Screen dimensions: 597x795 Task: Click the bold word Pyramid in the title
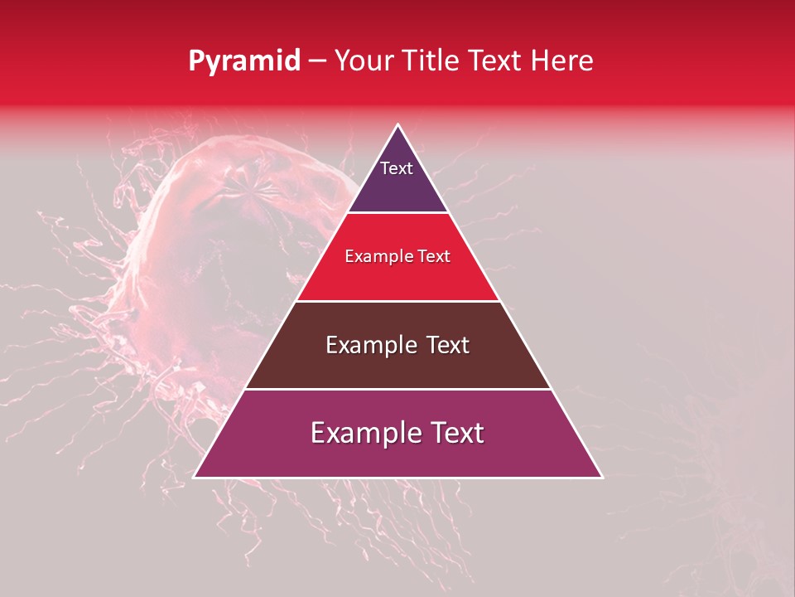[243, 61]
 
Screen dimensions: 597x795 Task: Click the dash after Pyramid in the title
[317, 61]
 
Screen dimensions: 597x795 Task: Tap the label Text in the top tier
[397, 168]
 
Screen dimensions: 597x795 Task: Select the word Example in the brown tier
[369, 345]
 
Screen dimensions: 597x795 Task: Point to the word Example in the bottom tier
[362, 433]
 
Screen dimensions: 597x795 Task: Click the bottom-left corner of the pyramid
[195, 477]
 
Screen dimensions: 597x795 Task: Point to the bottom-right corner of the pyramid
[602, 477]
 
